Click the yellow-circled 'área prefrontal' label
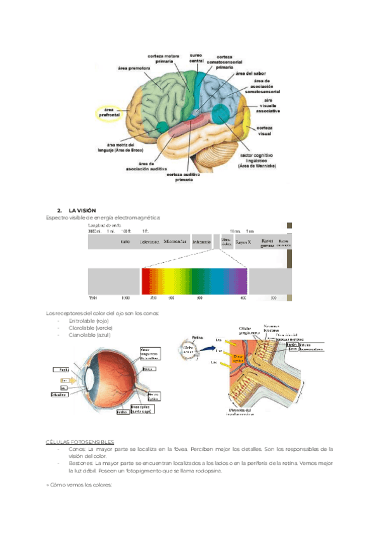click(x=107, y=113)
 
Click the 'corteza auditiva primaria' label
click(x=185, y=177)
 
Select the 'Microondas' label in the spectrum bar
click(x=175, y=241)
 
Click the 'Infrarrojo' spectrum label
click(x=202, y=241)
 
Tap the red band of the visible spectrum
click(x=146, y=279)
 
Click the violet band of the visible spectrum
click(x=242, y=279)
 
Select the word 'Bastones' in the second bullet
click(x=80, y=463)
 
